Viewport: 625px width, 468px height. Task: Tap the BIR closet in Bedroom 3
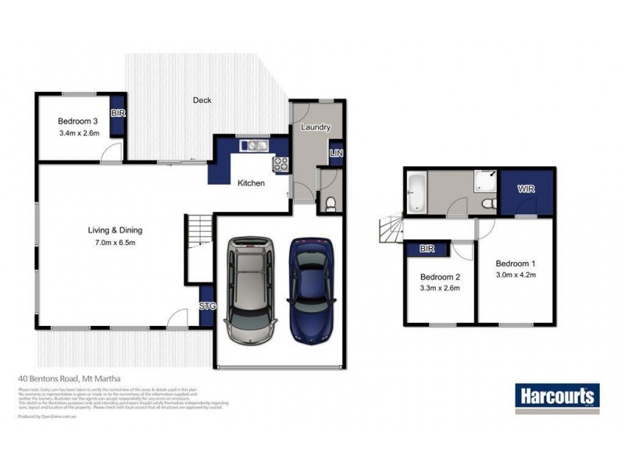[x=119, y=114]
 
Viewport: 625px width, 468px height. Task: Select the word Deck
[x=202, y=100]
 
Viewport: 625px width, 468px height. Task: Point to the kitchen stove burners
[x=280, y=164]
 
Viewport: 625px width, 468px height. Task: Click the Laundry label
[x=315, y=127]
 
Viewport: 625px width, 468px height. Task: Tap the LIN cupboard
[x=336, y=154]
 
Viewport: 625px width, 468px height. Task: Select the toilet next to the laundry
[x=331, y=204]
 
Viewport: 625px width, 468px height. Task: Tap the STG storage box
[x=207, y=305]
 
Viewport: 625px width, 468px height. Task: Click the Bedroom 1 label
[x=513, y=263]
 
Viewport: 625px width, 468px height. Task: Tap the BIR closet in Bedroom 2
[x=427, y=250]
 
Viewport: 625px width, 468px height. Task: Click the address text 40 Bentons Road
[x=68, y=381]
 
